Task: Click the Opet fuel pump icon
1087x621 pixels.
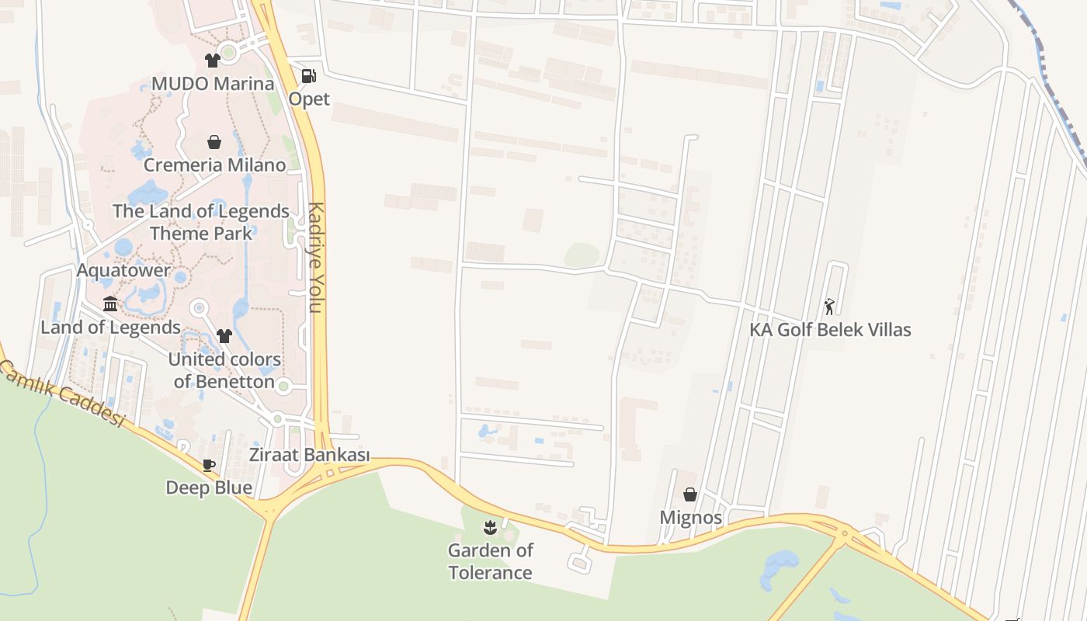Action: coord(308,76)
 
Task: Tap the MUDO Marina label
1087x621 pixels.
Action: coord(213,84)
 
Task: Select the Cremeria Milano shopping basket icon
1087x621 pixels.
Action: coord(214,142)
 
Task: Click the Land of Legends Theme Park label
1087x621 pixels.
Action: coord(201,222)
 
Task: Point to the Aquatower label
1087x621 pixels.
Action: coord(123,270)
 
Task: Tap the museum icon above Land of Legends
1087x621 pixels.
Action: coord(110,304)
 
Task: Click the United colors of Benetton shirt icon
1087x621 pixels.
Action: coord(224,336)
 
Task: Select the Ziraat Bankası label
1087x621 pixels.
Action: coord(309,455)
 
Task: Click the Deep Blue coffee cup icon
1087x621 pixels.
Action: coord(208,465)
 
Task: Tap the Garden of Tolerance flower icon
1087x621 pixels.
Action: coord(489,529)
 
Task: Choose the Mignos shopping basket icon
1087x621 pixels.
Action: coord(689,494)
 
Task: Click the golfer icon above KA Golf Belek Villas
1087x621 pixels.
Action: coord(829,307)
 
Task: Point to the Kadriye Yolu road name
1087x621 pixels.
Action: coord(315,258)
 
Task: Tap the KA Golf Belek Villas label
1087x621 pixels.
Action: coord(830,329)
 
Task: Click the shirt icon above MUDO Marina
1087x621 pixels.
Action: coord(212,61)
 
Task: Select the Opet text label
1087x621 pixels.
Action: coord(309,99)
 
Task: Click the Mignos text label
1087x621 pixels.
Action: coord(690,518)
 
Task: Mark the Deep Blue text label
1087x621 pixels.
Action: coord(209,487)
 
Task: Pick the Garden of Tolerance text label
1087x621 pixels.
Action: coord(490,562)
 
